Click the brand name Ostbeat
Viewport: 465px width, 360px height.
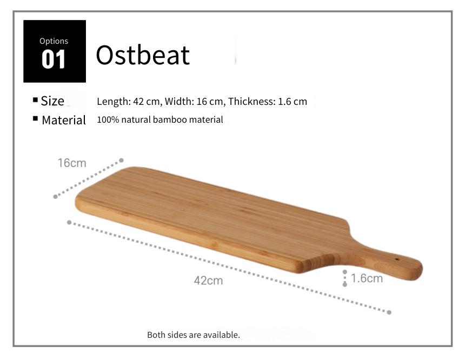143,55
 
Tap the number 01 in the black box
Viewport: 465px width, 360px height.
54,59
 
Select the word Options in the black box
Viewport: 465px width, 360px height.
54,41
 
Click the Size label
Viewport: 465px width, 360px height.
52,101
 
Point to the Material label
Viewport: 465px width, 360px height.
64,120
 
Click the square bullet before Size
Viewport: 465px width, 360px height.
35,100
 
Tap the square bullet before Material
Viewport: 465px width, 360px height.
35,118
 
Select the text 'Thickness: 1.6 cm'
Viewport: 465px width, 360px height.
268,102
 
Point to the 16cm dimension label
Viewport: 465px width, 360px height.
72,163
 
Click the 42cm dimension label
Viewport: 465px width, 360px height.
209,281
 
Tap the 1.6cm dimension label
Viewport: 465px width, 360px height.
367,278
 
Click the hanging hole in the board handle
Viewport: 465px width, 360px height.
397,259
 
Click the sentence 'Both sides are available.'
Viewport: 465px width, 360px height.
194,335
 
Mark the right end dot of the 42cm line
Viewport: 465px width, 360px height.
389,312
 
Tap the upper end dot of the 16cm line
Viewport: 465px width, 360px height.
121,161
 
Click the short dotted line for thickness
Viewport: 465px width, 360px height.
344,278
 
